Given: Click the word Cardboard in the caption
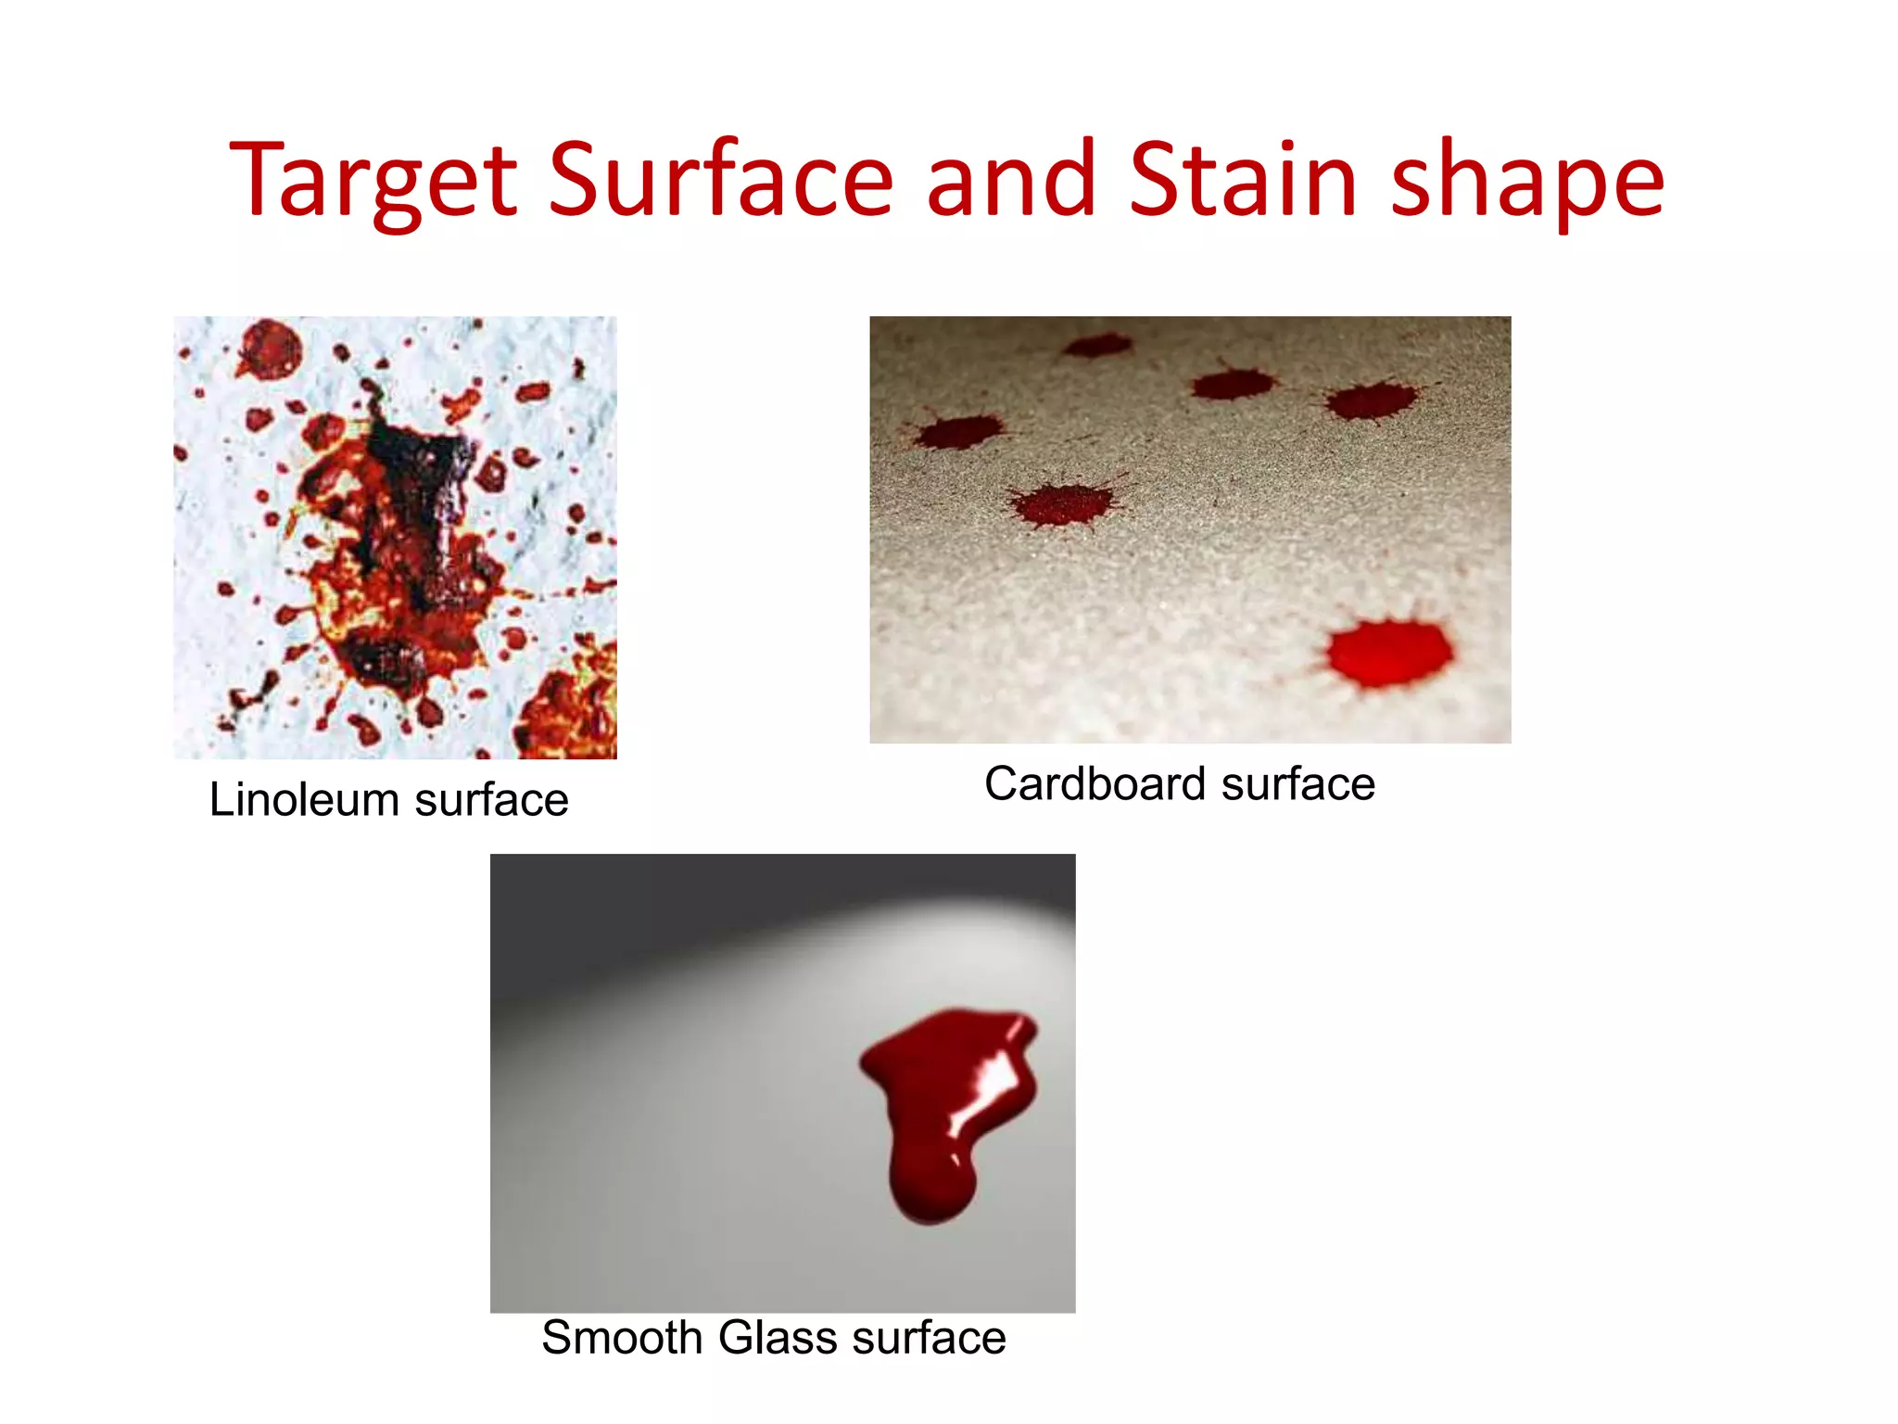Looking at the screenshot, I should [x=1094, y=784].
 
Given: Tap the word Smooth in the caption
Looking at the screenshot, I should [x=622, y=1338].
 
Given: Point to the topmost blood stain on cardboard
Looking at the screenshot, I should [x=1097, y=346].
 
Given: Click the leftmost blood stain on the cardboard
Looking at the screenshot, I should [x=959, y=432].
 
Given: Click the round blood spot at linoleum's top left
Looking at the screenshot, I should [x=270, y=350].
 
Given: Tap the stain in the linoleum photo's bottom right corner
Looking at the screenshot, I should [x=570, y=709].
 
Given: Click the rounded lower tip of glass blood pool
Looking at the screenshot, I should [x=931, y=1196].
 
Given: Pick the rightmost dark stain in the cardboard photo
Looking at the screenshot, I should [x=1371, y=401].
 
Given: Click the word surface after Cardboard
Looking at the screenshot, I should [x=1297, y=784].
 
